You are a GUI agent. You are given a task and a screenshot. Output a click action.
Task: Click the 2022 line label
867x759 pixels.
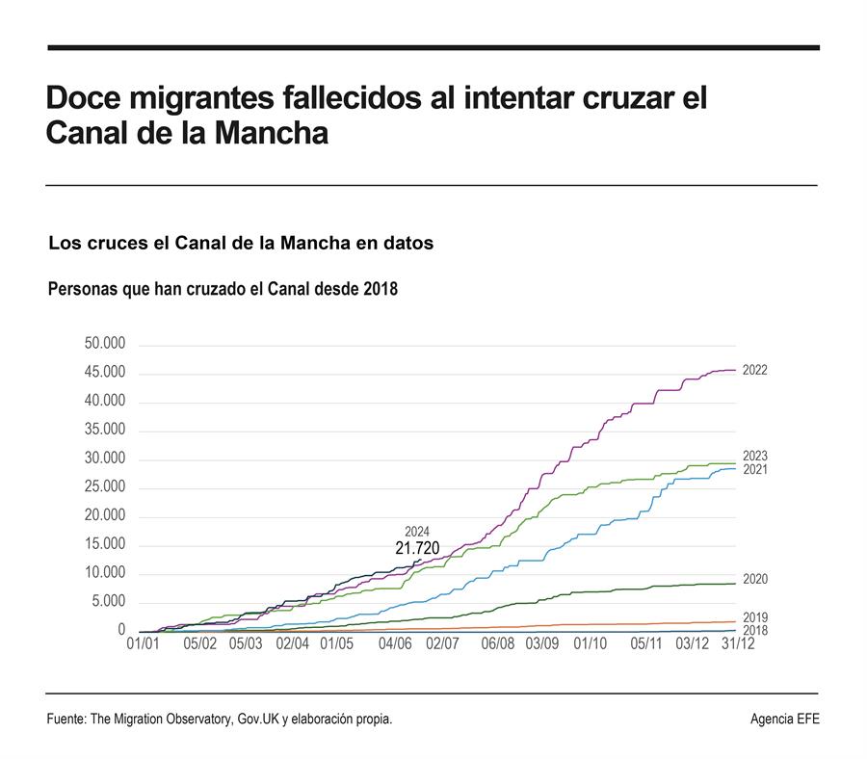(x=754, y=371)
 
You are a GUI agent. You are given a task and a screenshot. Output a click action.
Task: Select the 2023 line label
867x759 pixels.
(x=754, y=456)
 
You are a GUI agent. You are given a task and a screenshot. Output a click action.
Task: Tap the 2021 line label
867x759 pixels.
(x=754, y=470)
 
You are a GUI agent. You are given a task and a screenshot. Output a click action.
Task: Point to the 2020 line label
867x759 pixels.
(x=754, y=579)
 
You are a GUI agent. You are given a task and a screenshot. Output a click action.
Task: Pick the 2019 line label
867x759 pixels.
(x=754, y=617)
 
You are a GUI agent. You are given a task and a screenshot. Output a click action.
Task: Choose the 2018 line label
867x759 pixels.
(x=754, y=630)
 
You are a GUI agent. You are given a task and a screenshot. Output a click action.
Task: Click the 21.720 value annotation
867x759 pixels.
(x=417, y=548)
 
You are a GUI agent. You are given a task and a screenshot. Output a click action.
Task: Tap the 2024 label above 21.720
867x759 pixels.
(x=417, y=532)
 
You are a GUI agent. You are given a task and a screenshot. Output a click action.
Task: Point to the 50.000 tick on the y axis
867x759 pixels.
(x=105, y=343)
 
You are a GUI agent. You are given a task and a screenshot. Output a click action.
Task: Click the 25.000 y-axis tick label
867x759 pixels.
(x=105, y=486)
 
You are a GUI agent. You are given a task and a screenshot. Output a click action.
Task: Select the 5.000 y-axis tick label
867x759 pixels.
(x=109, y=601)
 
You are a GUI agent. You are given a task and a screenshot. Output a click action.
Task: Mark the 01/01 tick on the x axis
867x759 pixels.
(x=144, y=643)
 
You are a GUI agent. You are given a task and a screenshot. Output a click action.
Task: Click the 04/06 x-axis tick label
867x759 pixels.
(x=395, y=643)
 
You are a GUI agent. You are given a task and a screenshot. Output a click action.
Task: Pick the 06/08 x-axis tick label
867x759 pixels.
(x=498, y=643)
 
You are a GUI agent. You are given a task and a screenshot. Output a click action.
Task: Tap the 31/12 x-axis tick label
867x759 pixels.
(x=738, y=643)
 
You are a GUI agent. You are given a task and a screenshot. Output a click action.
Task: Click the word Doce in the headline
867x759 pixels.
(x=83, y=98)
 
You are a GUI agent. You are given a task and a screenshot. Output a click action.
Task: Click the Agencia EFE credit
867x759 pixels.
(x=785, y=720)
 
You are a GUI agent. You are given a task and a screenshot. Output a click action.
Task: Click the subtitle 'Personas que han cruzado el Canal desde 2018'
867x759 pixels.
(x=223, y=289)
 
